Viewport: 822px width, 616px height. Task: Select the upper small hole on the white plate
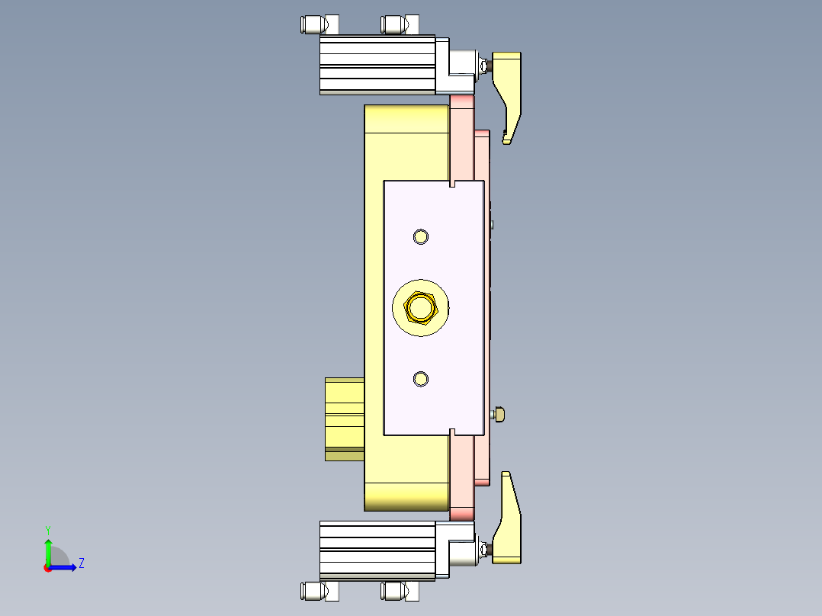pyautogui.click(x=420, y=236)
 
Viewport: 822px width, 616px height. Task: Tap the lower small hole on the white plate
pyautogui.click(x=420, y=379)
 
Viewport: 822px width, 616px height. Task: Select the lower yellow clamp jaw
pyautogui.click(x=509, y=530)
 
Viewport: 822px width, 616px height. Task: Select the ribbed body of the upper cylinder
pyautogui.click(x=377, y=65)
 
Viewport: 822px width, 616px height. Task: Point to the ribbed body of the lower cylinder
pyautogui.click(x=377, y=550)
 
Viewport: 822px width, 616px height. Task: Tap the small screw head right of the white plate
pyautogui.click(x=499, y=414)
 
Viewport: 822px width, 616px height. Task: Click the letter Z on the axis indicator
pyautogui.click(x=81, y=563)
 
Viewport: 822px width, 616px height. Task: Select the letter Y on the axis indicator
pyautogui.click(x=47, y=529)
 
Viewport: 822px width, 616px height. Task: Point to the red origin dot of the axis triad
pyautogui.click(x=47, y=567)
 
